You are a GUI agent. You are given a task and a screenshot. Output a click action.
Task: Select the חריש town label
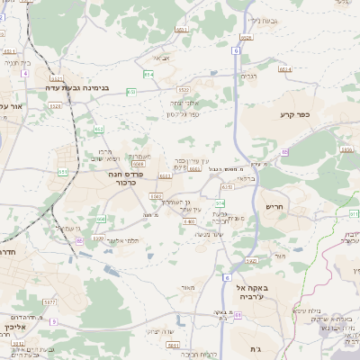274,206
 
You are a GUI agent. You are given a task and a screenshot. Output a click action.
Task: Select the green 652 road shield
98,129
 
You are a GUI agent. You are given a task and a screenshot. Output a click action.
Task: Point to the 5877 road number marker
50,302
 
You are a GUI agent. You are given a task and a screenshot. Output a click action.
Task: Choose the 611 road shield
355,213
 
